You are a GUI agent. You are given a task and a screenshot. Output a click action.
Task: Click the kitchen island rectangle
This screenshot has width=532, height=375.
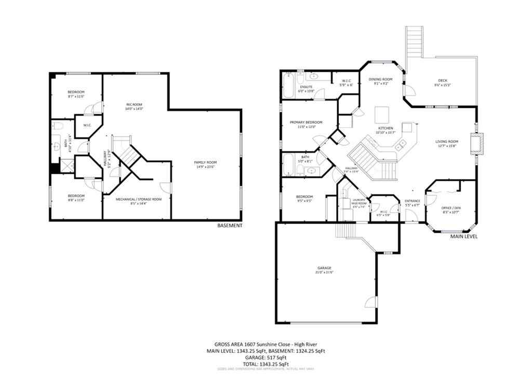pos(382,113)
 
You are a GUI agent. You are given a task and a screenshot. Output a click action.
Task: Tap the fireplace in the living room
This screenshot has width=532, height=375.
pos(477,144)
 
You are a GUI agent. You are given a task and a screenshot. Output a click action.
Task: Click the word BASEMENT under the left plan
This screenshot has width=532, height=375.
pos(230,226)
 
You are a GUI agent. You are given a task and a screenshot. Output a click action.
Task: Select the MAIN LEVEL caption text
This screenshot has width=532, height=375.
pos(463,237)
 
